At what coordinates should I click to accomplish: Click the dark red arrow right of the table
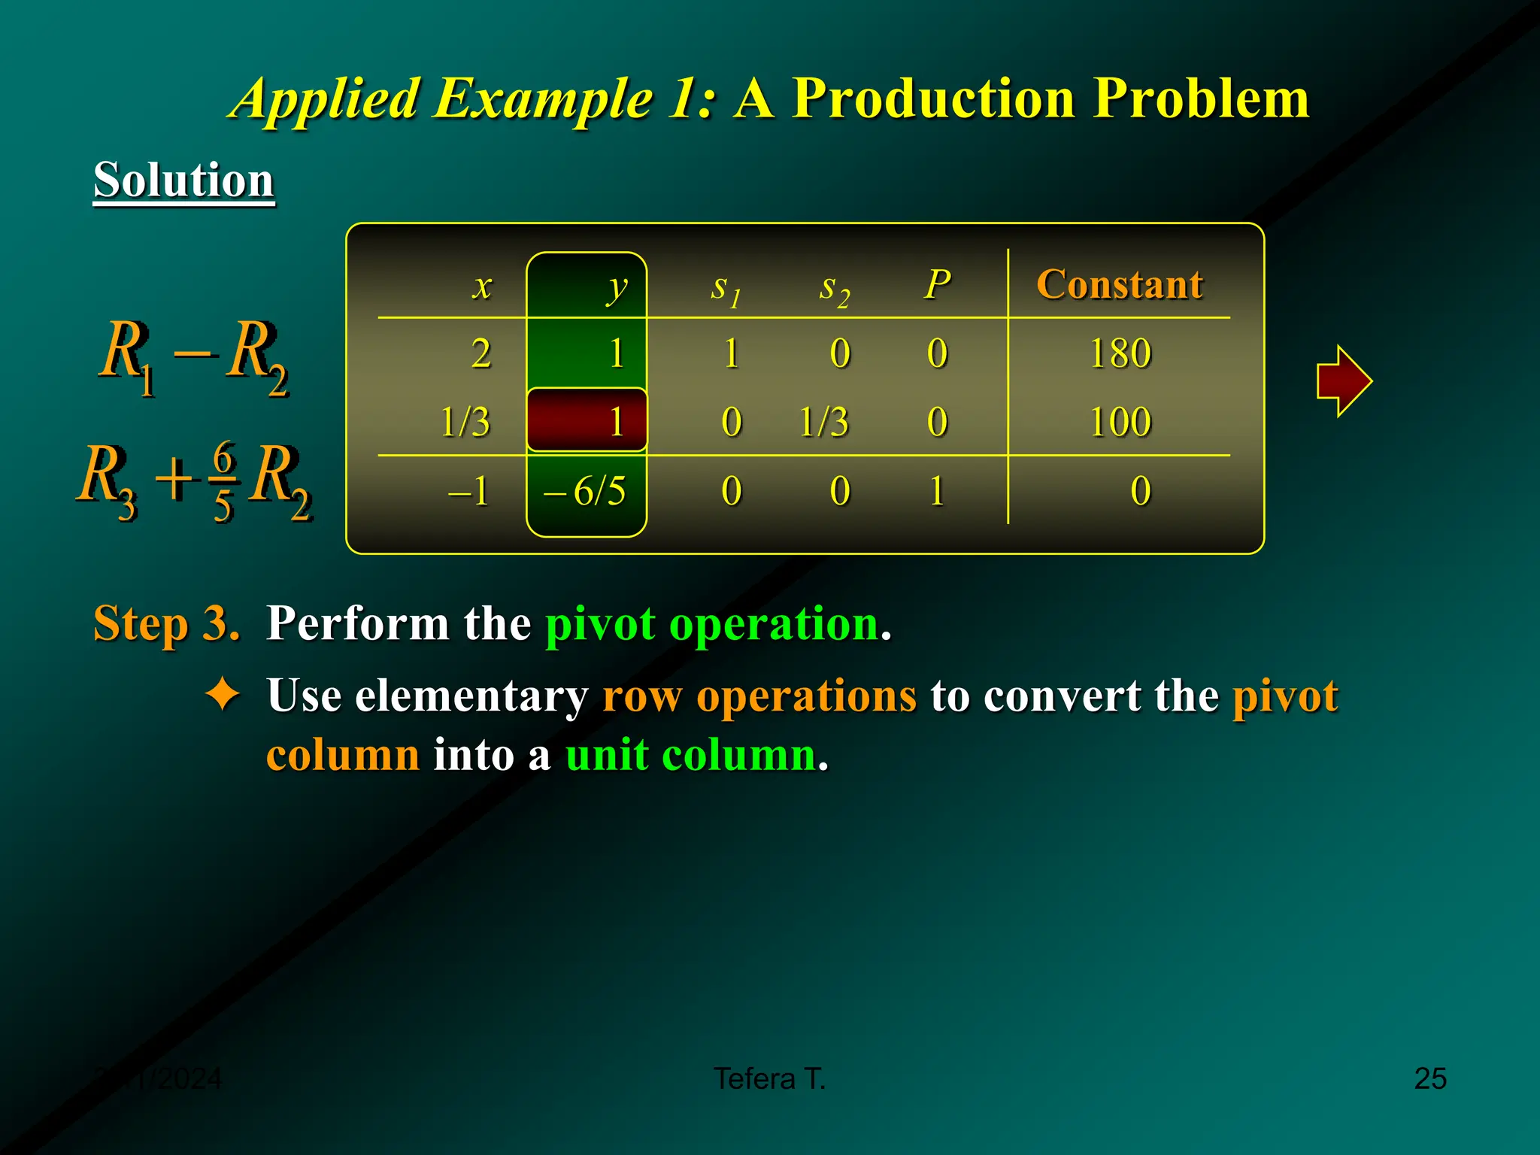pos(1344,381)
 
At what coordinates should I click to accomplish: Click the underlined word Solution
pos(183,180)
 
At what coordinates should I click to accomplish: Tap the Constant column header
pos(1119,284)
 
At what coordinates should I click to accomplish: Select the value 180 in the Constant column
pos(1120,353)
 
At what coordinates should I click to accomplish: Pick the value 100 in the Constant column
pos(1120,422)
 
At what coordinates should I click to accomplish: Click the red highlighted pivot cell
pos(587,420)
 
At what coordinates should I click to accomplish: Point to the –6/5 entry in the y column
pos(586,492)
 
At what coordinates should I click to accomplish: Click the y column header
pos(617,287)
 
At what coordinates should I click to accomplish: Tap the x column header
pos(482,287)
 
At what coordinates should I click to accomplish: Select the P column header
pos(937,285)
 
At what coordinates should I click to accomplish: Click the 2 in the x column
pos(481,353)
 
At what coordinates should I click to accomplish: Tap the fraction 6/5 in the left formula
pos(223,480)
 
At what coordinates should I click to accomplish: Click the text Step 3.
pos(166,623)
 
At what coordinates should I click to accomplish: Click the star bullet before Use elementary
pos(223,694)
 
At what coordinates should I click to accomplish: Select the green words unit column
pos(690,754)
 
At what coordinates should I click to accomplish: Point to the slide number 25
pos(1429,1078)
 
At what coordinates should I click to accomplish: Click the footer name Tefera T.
pos(769,1078)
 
